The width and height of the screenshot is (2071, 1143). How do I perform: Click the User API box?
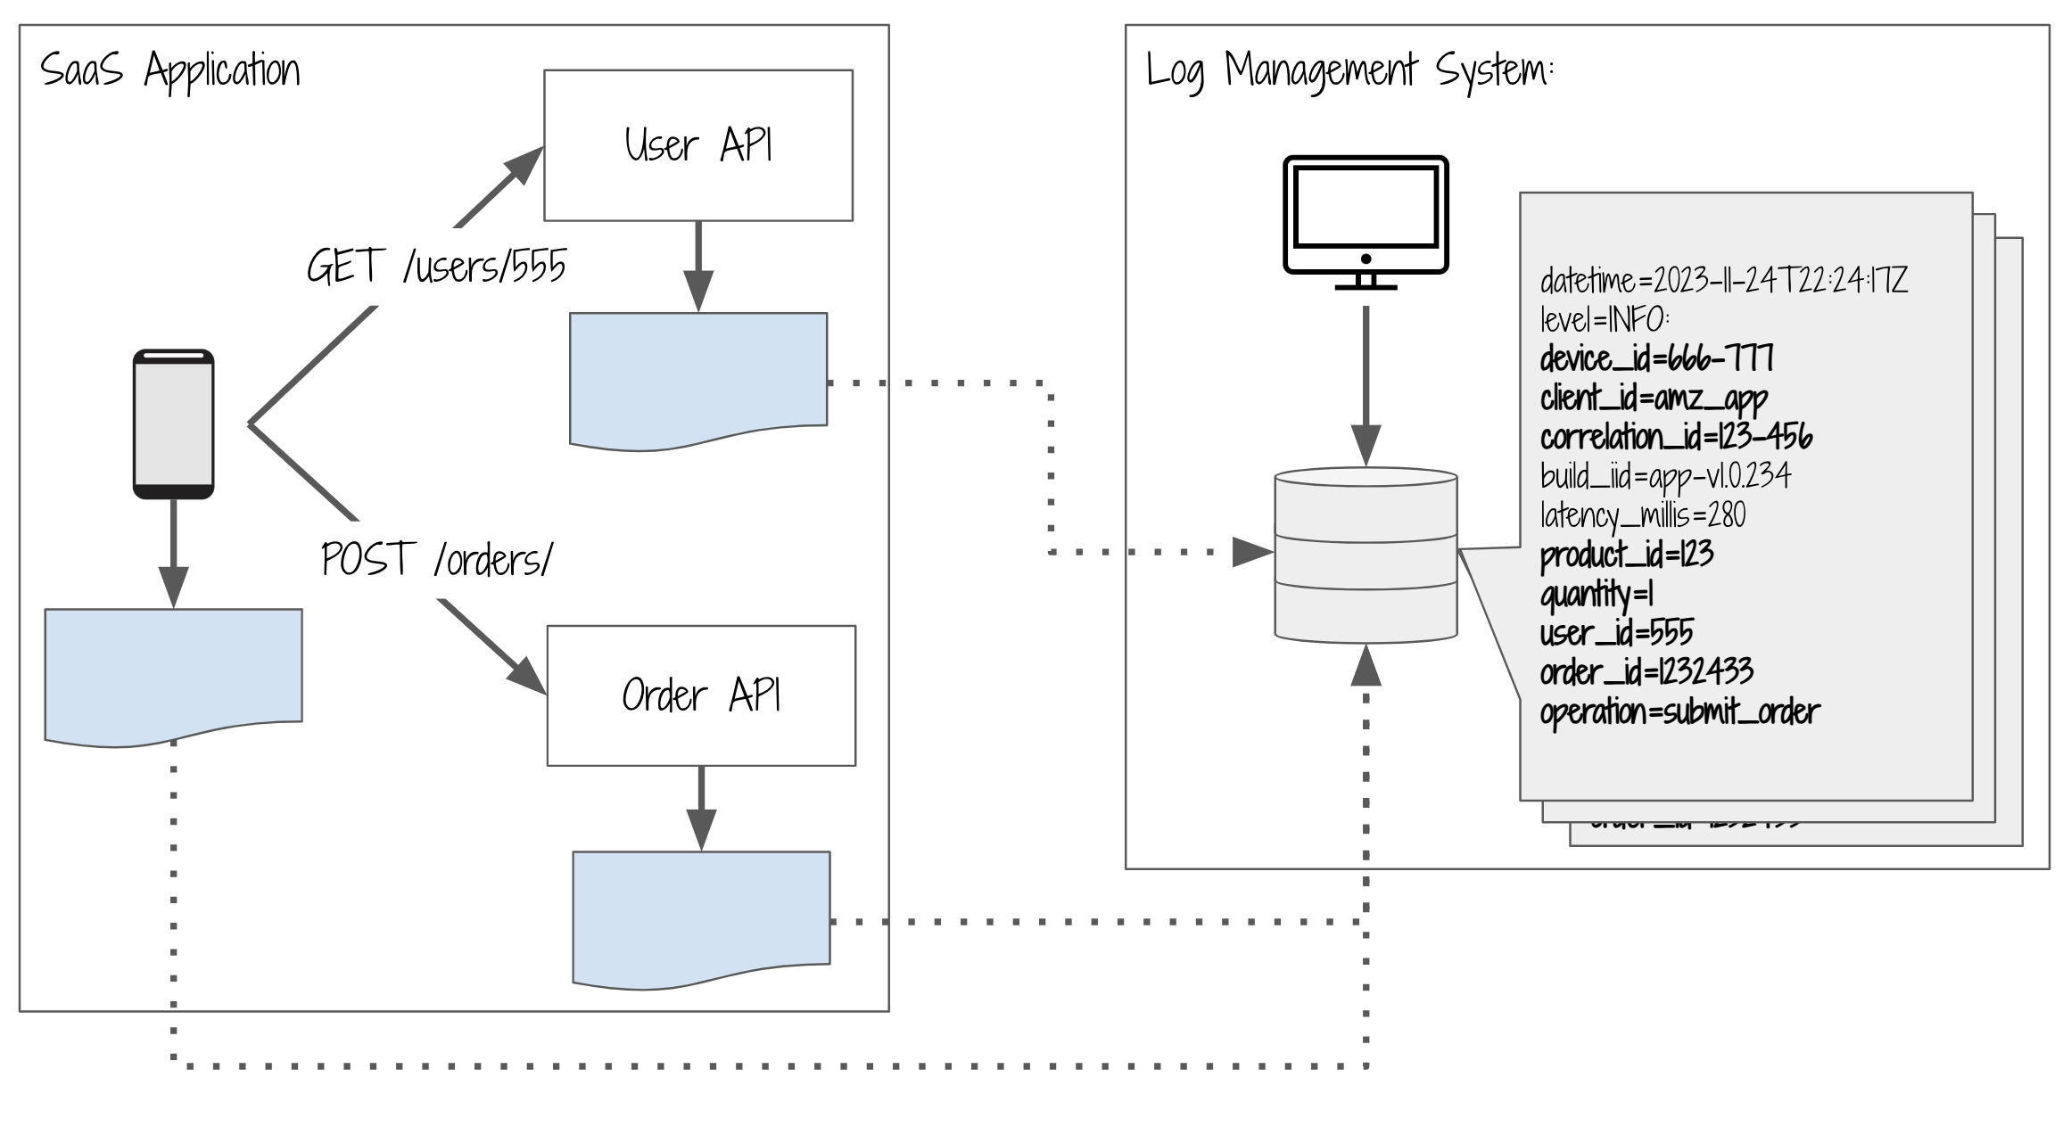tap(698, 145)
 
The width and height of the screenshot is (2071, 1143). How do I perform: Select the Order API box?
tap(701, 695)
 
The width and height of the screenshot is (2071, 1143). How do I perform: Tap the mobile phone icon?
tap(173, 423)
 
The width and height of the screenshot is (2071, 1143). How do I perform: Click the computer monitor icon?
tap(1366, 222)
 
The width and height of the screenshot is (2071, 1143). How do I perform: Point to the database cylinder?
tap(1366, 555)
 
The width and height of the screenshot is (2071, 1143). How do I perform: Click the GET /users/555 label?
tap(436, 266)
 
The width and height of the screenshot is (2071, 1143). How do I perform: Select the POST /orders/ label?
tap(437, 560)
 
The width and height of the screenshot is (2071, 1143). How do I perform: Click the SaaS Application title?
tap(169, 70)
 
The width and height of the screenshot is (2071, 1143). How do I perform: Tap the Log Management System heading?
tap(1349, 70)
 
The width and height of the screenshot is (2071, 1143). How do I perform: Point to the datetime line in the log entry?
tap(1723, 281)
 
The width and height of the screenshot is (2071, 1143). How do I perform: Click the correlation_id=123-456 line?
tap(1676, 437)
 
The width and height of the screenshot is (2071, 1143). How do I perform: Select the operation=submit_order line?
tap(1679, 711)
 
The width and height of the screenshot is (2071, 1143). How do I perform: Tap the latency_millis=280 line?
tap(1643, 515)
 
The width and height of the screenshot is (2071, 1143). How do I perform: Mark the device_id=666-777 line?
tap(1656, 358)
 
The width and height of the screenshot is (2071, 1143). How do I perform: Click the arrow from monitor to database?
tap(1366, 383)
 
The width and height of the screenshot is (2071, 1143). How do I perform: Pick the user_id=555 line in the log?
tap(1616, 633)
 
